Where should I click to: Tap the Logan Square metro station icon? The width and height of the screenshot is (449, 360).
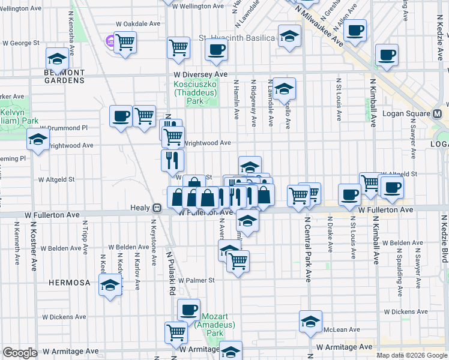pyautogui.click(x=437, y=114)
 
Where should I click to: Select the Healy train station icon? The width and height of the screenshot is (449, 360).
pyautogui.click(x=157, y=208)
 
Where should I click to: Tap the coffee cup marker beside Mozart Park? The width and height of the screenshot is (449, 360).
pyautogui.click(x=189, y=310)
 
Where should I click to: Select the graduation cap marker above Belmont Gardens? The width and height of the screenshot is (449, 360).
pyautogui.click(x=57, y=59)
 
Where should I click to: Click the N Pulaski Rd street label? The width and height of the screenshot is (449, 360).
pyautogui.click(x=171, y=276)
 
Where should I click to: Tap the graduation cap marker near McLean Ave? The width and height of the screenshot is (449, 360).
pyautogui.click(x=310, y=321)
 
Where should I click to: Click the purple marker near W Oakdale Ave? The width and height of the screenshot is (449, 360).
pyautogui.click(x=110, y=41)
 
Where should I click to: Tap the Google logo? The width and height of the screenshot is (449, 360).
pyautogui.click(x=20, y=353)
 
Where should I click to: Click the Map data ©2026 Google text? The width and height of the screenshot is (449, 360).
pyautogui.click(x=411, y=355)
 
